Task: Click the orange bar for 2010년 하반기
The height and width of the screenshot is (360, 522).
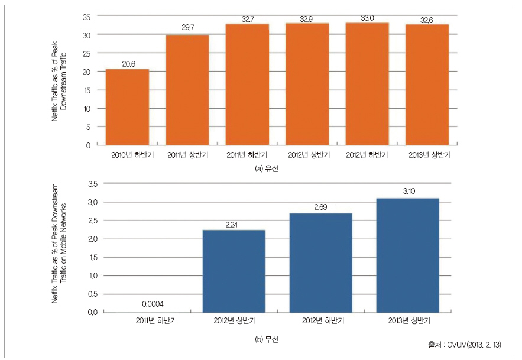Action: click(127, 107)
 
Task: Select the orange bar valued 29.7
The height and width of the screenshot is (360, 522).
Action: click(187, 90)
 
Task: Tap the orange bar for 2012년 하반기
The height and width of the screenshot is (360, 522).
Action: click(367, 84)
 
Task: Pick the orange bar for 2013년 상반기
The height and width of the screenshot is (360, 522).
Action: click(427, 85)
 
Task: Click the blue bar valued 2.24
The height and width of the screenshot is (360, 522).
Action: click(234, 271)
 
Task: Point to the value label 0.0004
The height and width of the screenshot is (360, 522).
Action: click(153, 304)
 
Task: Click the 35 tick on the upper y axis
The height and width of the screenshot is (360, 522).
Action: click(86, 17)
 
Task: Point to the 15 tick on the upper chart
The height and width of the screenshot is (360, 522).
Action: click(86, 90)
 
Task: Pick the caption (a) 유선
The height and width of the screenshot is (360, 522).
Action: click(266, 169)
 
